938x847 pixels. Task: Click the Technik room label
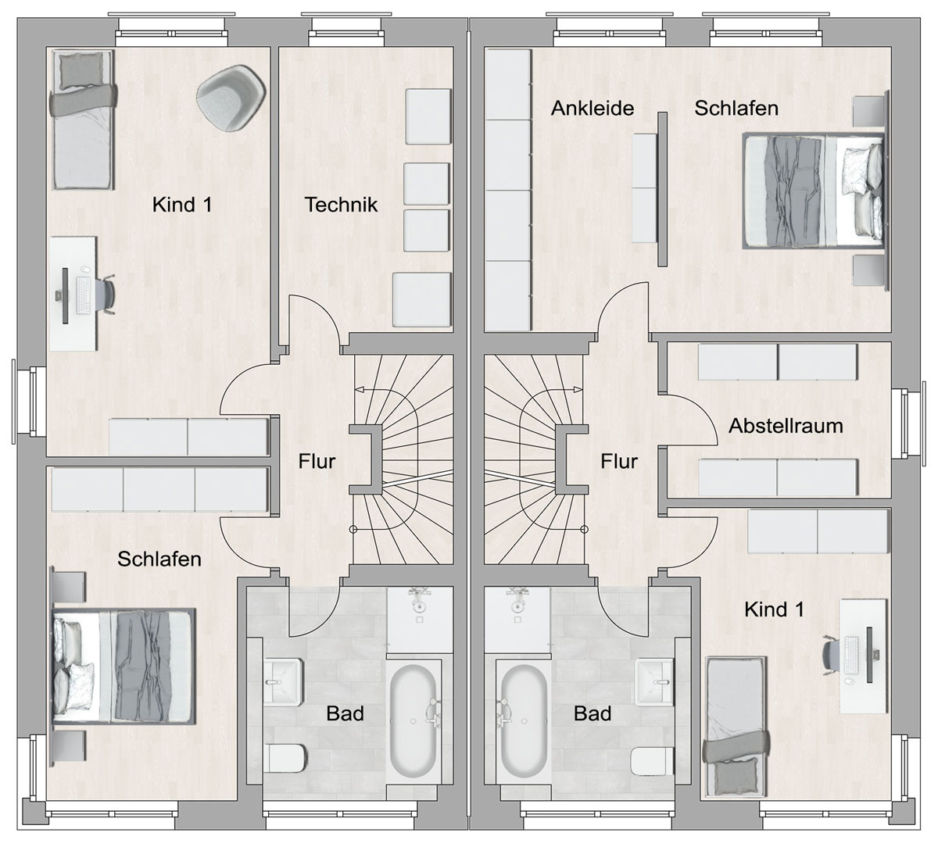click(341, 205)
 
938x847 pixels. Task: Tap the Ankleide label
click(593, 109)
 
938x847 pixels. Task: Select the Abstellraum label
click(786, 426)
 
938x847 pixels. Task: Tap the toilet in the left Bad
click(288, 758)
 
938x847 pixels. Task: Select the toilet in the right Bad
click(652, 760)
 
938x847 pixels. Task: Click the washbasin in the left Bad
click(282, 682)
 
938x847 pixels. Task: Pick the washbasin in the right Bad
click(654, 682)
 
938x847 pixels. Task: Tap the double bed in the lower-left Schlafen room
click(124, 666)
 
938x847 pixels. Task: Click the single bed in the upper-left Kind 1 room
click(83, 120)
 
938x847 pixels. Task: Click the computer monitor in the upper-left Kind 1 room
click(65, 295)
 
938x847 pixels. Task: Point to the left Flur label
click(317, 461)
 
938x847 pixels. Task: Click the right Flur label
click(618, 461)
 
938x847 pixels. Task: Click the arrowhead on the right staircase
click(578, 389)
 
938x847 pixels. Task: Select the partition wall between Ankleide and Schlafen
click(662, 189)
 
